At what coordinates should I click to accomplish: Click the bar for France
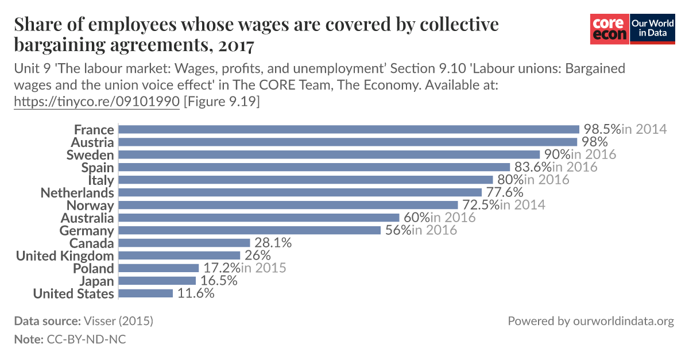[x=349, y=129]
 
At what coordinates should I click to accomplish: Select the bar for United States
[x=145, y=293]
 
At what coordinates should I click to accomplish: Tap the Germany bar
[x=249, y=230]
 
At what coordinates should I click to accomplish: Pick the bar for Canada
[x=184, y=243]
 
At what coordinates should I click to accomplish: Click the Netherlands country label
[x=77, y=192]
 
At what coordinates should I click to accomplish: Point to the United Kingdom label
[x=64, y=256]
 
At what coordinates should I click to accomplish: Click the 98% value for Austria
[x=594, y=142]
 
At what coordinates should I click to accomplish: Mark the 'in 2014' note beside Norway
[x=522, y=205]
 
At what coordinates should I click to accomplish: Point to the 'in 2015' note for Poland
[x=264, y=268]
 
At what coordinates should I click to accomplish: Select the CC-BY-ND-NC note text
[x=86, y=339]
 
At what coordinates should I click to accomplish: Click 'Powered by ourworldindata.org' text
[x=590, y=321]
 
